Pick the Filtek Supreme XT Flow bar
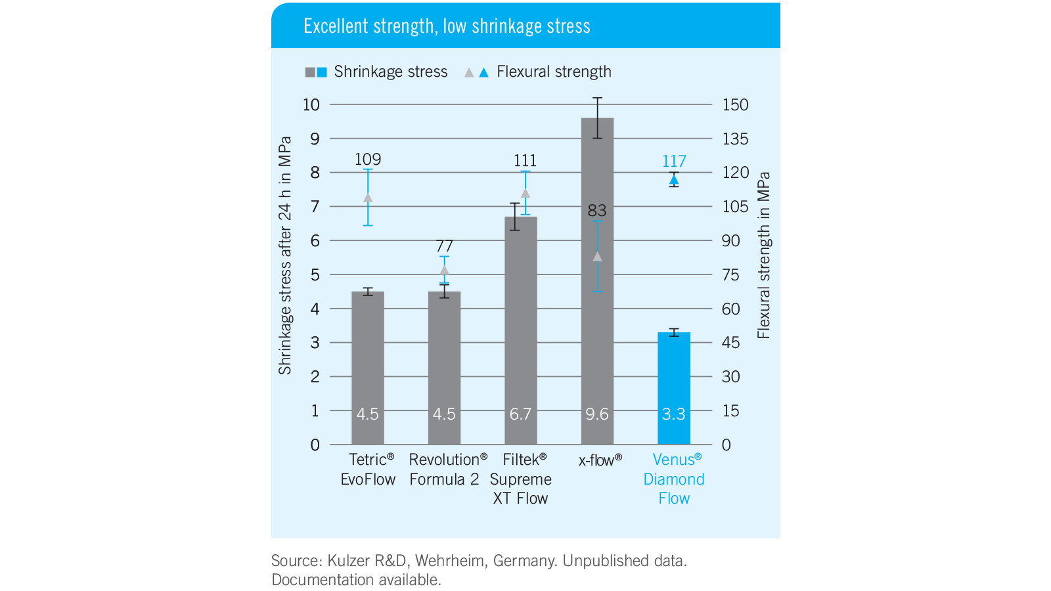tap(520, 328)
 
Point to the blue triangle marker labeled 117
tap(674, 179)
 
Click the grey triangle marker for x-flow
tap(597, 257)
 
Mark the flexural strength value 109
tap(368, 160)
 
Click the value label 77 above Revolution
tap(445, 246)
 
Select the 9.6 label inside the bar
tap(597, 414)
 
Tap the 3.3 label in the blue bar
tap(673, 414)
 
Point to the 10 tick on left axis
tap(311, 105)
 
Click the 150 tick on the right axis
tap(735, 105)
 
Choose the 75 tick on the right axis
tap(730, 275)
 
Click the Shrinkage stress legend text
tap(391, 72)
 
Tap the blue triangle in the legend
tap(484, 72)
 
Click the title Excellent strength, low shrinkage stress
tap(447, 26)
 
